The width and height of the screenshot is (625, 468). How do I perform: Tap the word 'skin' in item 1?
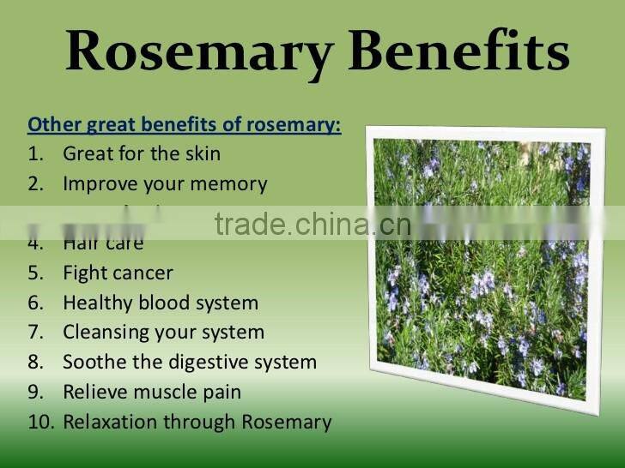(200, 153)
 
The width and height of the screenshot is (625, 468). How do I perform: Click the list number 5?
(34, 273)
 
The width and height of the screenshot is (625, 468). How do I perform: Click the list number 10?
(39, 422)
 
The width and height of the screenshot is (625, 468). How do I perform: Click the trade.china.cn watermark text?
(312, 225)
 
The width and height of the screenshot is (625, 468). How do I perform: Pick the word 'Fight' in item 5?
(82, 273)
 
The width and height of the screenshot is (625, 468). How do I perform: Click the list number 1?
(34, 153)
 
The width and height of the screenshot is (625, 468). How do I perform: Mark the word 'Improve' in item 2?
(98, 183)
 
